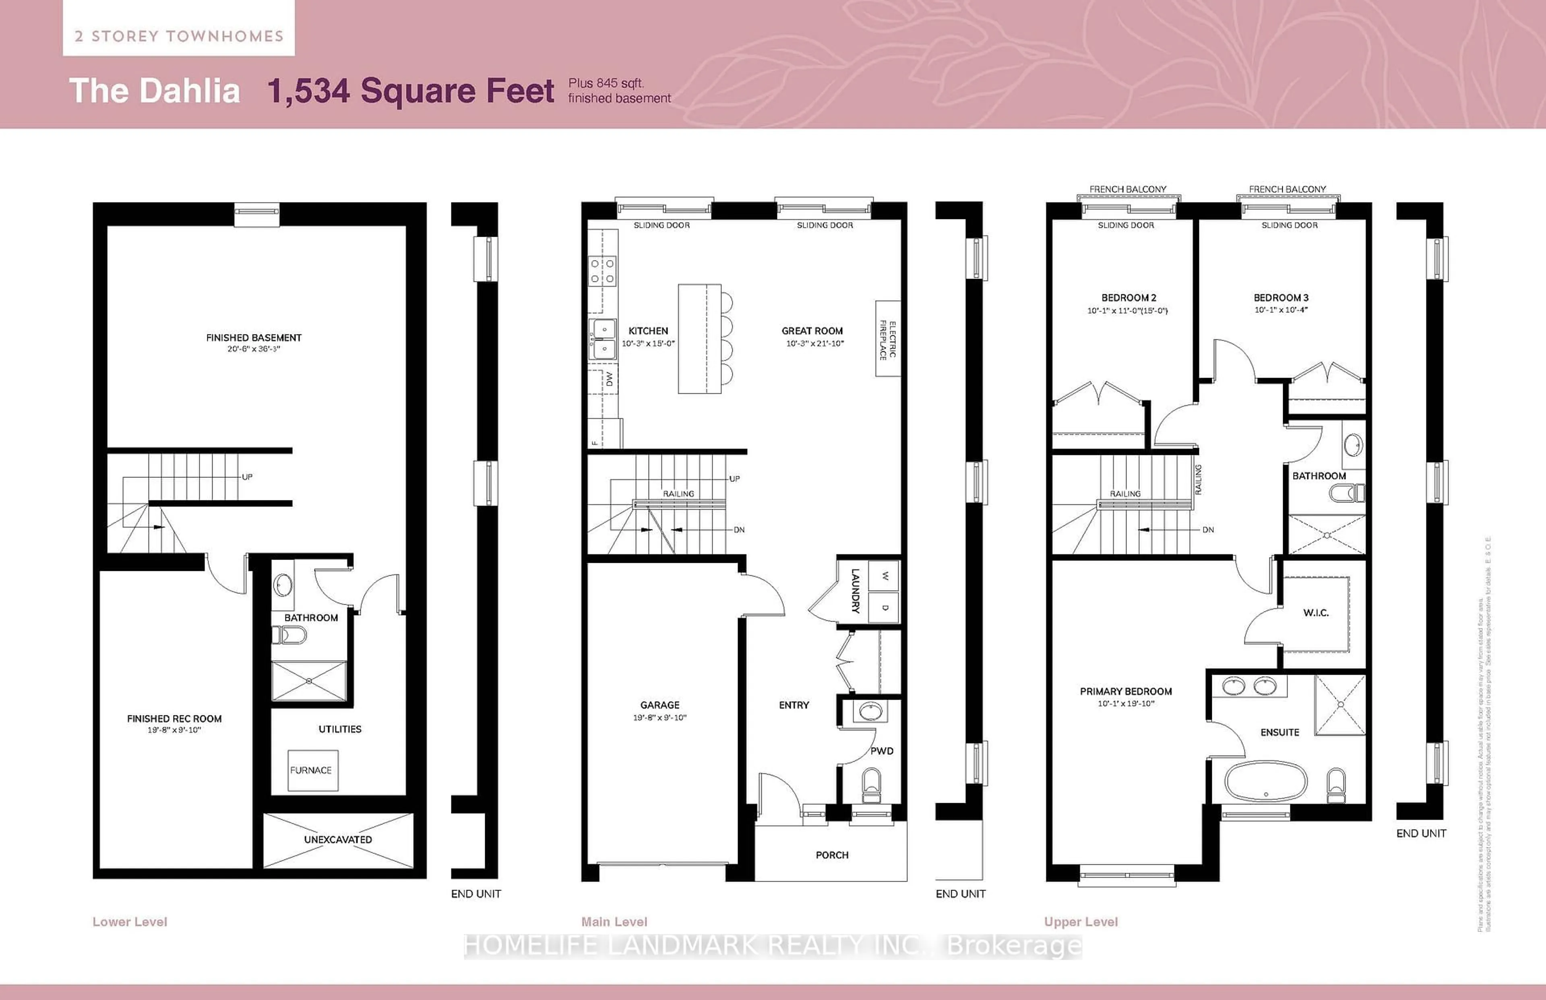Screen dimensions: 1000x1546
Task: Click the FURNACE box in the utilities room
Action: [312, 770]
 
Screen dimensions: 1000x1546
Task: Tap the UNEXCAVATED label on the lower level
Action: [338, 840]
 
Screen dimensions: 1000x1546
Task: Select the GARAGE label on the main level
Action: [660, 705]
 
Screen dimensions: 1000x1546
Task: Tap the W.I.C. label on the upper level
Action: [1315, 612]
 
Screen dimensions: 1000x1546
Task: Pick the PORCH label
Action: [832, 855]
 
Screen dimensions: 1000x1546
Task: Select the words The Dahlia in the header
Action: [155, 90]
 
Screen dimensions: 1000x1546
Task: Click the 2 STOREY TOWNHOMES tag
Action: [179, 36]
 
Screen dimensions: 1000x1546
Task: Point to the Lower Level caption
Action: [130, 921]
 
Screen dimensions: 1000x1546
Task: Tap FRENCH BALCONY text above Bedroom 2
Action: [1127, 189]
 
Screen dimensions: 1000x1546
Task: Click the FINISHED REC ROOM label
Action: [174, 718]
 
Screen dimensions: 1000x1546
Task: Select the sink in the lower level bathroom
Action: [283, 585]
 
